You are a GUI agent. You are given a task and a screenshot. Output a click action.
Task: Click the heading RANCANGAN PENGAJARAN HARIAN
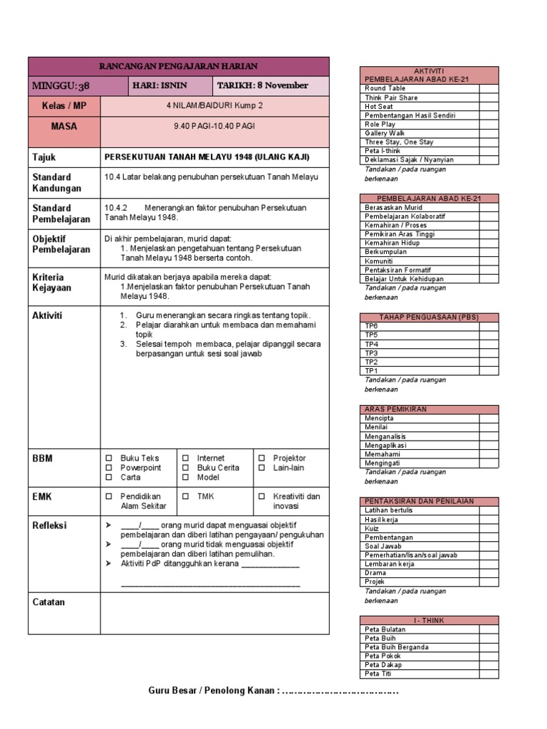click(x=178, y=66)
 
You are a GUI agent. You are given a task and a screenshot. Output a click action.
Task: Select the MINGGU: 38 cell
click(x=61, y=86)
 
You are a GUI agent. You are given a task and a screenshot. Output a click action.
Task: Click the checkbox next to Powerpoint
click(x=109, y=468)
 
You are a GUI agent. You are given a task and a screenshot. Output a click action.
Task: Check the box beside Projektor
click(x=261, y=458)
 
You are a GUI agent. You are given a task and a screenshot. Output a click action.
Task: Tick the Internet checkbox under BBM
click(x=185, y=458)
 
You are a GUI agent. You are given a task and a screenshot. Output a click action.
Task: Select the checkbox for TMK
click(x=185, y=496)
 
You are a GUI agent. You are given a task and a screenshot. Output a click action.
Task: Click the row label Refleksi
click(x=49, y=525)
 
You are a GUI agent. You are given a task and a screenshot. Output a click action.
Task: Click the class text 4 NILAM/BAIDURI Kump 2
click(x=214, y=105)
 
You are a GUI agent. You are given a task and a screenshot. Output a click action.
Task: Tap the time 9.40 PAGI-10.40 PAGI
click(x=214, y=126)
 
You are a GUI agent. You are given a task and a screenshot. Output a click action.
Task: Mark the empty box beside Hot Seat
click(x=489, y=107)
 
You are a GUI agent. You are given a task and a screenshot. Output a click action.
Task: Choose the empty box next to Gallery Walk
click(x=489, y=133)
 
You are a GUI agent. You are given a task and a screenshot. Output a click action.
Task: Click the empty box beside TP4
click(x=489, y=344)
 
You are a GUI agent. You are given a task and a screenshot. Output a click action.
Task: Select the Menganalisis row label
click(x=385, y=436)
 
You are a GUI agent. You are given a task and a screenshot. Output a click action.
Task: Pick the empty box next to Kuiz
click(x=489, y=528)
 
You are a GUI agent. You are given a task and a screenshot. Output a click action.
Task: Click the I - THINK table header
click(x=428, y=621)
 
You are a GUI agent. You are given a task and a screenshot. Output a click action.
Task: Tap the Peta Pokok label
click(x=382, y=656)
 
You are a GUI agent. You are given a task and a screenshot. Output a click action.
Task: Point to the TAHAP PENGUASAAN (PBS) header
click(x=428, y=317)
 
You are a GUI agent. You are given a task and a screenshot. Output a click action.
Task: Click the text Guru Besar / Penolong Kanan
click(x=214, y=691)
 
